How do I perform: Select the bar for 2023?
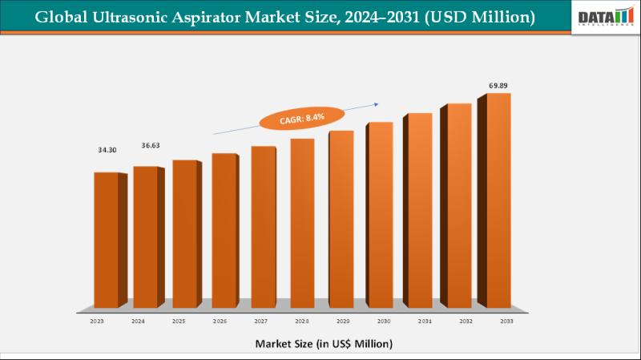point(106,241)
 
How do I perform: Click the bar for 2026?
point(224,233)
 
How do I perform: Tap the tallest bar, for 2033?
point(498,200)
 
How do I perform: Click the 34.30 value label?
point(106,151)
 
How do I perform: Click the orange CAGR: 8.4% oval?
point(304,118)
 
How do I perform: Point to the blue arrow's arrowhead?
point(377,103)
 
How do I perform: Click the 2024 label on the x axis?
point(138,320)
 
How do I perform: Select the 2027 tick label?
point(260,320)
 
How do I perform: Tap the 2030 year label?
point(383,320)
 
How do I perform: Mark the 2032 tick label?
point(465,320)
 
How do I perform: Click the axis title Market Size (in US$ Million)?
point(324,343)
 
